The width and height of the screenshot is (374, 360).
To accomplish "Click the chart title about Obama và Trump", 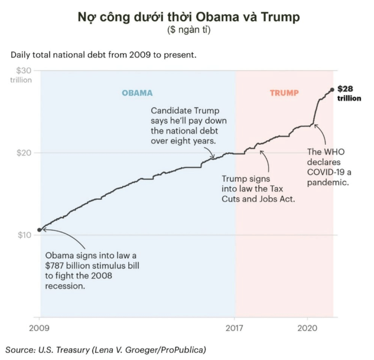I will click(x=188, y=17).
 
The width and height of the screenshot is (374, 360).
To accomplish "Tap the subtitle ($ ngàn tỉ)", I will click(x=188, y=30).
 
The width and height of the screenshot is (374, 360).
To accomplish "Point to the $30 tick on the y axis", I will click(x=23, y=70).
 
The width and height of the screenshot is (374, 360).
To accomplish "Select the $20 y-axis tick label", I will click(x=23, y=153).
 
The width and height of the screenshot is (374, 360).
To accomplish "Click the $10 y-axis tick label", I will click(x=23, y=235).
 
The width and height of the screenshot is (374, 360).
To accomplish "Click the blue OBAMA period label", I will click(x=137, y=93).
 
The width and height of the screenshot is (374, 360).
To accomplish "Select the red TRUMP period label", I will click(x=284, y=93).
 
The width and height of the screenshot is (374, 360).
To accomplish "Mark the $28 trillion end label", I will click(x=349, y=93).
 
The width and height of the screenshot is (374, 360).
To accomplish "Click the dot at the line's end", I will click(x=332, y=89).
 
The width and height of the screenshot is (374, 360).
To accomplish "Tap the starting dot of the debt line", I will click(x=40, y=229).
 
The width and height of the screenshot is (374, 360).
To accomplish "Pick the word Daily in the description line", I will click(x=21, y=55).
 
